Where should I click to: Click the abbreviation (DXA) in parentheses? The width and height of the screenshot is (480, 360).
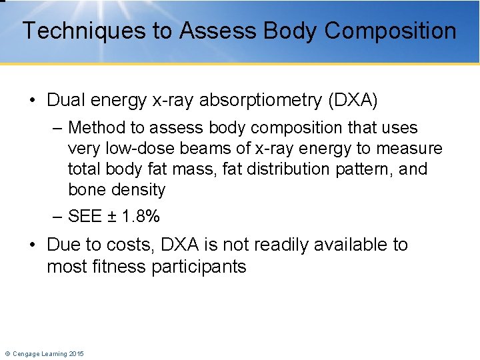(353, 101)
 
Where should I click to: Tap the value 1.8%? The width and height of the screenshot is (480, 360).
(141, 217)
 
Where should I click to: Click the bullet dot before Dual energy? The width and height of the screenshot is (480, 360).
(33, 101)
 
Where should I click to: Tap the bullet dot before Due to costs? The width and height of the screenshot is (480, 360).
(33, 245)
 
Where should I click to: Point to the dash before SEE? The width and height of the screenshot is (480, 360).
(58, 217)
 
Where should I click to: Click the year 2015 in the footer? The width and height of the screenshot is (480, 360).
(75, 353)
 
